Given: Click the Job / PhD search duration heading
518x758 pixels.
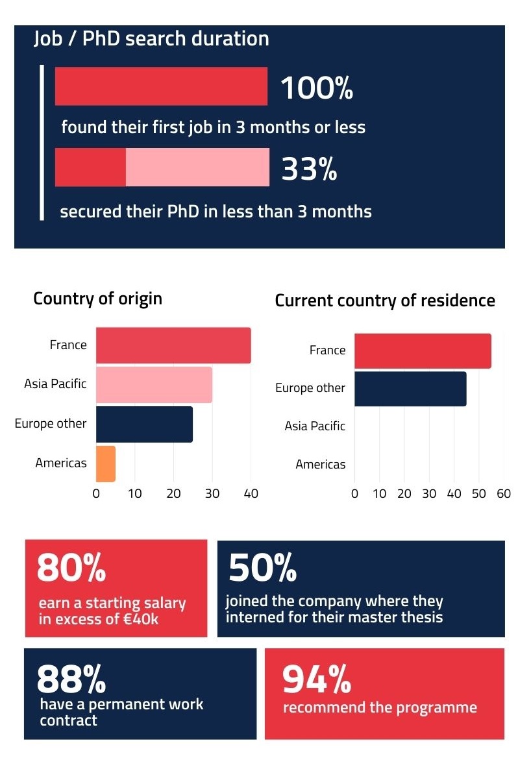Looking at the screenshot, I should click(151, 39).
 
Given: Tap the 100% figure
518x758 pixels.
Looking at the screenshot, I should click(316, 88).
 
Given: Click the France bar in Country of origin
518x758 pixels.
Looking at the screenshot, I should click(173, 345).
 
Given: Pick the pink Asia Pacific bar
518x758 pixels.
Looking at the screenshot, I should click(154, 385).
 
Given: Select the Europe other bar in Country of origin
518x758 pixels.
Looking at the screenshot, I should click(144, 424).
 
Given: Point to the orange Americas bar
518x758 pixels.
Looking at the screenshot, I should click(105, 463).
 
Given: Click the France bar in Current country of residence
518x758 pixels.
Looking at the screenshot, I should click(423, 351).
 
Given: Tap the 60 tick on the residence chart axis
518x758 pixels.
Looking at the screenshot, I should click(504, 494).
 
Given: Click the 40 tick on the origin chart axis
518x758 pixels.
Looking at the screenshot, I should click(251, 494).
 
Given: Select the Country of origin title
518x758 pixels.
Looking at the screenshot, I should click(97, 299).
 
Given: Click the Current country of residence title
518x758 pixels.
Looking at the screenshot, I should click(385, 301).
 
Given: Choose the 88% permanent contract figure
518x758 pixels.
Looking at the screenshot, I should click(71, 679).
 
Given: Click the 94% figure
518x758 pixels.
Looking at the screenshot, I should click(316, 679).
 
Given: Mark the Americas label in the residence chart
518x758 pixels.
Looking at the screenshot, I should click(320, 465).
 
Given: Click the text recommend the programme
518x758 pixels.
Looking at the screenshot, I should click(380, 707).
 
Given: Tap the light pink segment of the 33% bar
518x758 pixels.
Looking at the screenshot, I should click(197, 167).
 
